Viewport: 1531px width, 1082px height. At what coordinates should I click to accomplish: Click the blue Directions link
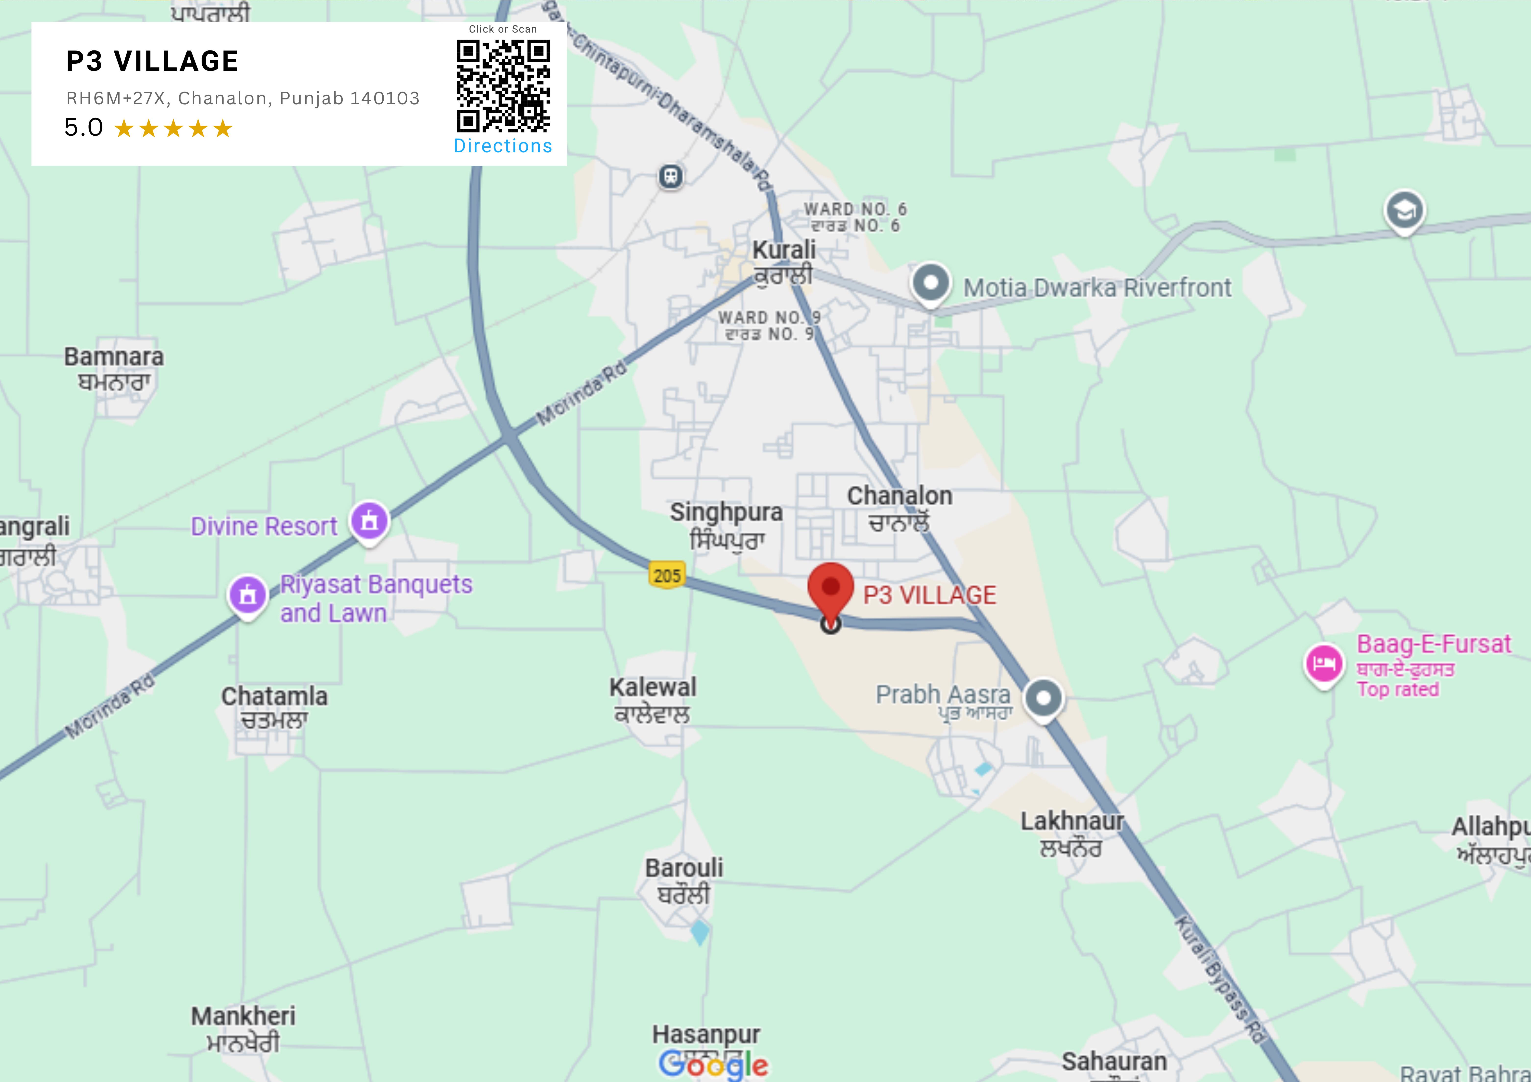click(x=503, y=146)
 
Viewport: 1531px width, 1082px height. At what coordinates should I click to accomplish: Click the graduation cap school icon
click(x=1404, y=211)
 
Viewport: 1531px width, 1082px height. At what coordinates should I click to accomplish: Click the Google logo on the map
click(x=713, y=1064)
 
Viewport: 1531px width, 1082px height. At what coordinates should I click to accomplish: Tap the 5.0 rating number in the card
click(x=83, y=127)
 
